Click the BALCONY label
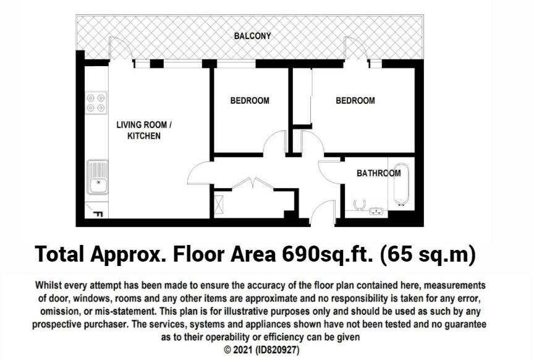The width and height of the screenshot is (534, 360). coord(252,36)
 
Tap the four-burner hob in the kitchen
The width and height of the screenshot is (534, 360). coord(96,102)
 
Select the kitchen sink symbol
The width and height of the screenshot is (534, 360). coord(97,177)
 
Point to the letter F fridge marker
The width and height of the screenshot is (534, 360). coord(97,214)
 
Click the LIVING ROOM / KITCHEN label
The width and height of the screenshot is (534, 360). coord(144,130)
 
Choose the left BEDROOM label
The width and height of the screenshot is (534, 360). coord(250,101)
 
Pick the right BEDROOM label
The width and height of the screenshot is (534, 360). coord(355,101)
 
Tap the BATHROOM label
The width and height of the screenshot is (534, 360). coord(378,173)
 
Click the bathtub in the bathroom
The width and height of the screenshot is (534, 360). coord(401,184)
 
